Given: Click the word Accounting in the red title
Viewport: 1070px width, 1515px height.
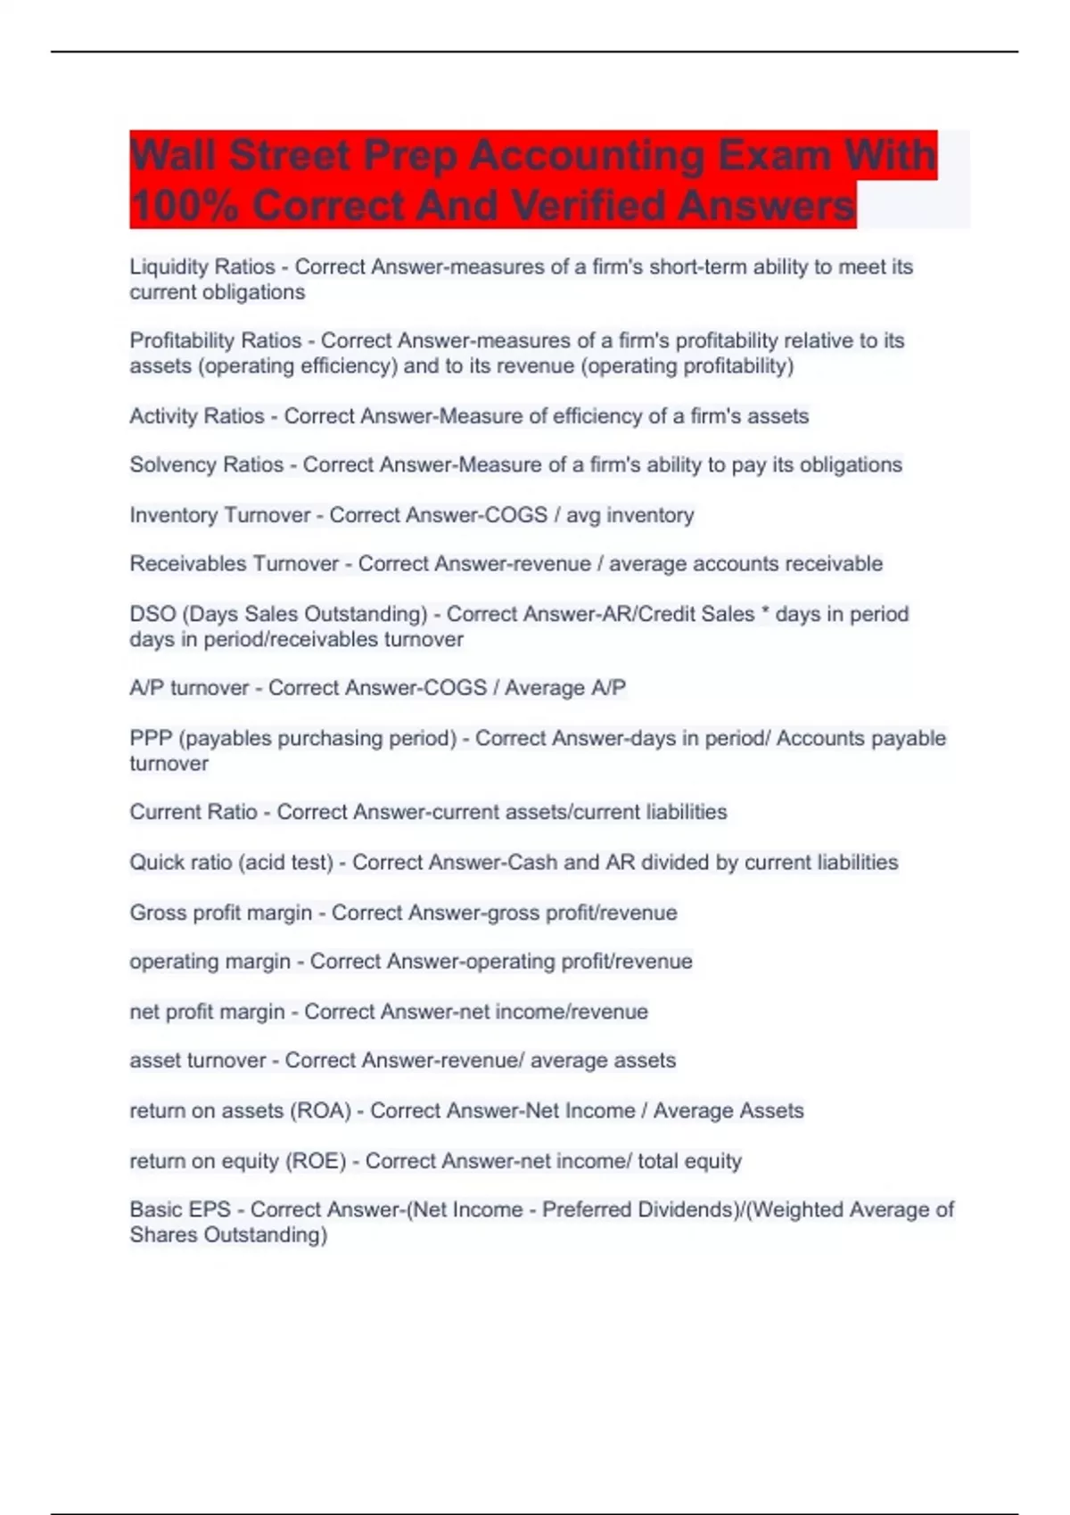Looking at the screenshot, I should [587, 156].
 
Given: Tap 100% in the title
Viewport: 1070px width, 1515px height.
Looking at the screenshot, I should [185, 207].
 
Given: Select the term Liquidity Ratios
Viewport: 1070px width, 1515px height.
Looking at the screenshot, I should [202, 266].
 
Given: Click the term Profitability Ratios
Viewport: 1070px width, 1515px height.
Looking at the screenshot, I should [216, 340].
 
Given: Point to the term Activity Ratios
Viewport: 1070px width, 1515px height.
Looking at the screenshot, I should [197, 416].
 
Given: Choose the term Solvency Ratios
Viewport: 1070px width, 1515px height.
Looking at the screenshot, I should [207, 464].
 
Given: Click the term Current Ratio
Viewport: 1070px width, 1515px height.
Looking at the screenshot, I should [193, 812].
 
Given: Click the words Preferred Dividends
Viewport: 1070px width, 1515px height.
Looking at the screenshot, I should [634, 1209].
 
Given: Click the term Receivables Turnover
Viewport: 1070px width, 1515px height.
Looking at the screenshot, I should [235, 563].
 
